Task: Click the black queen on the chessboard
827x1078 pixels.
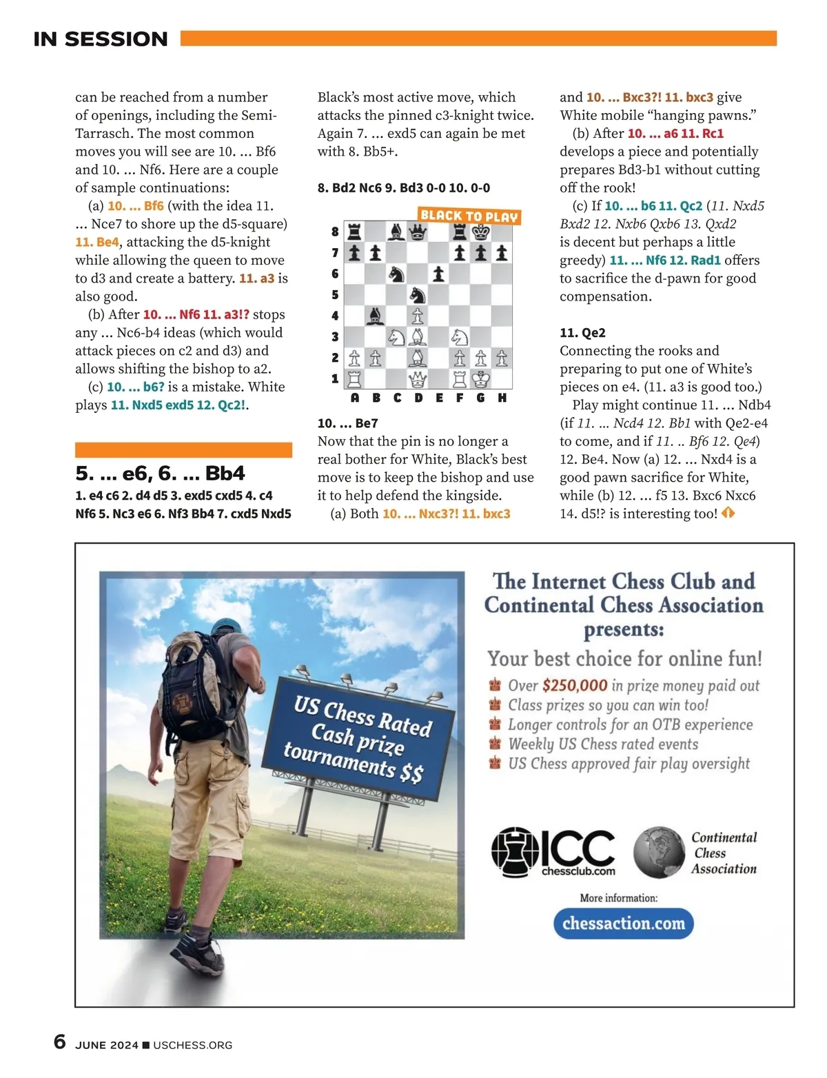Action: [418, 232]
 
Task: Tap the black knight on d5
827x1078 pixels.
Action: [418, 295]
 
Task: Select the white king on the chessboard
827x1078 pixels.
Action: [480, 379]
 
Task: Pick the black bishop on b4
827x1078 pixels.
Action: [376, 316]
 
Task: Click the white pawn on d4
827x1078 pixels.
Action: [418, 316]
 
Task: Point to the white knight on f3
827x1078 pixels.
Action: [460, 337]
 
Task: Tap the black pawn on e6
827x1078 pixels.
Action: [438, 274]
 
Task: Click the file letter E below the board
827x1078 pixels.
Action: [439, 398]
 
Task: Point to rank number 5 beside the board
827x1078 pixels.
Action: [335, 295]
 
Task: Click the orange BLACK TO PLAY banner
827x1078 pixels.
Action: [469, 216]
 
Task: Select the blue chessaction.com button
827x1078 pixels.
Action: [623, 924]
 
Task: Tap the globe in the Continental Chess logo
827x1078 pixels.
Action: [659, 853]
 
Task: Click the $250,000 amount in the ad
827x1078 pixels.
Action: [574, 685]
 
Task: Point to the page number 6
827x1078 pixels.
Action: [60, 1041]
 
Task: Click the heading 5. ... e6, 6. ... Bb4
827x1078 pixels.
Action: [160, 474]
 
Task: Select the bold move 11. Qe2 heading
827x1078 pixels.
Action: [582, 333]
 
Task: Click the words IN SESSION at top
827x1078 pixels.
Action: [101, 39]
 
